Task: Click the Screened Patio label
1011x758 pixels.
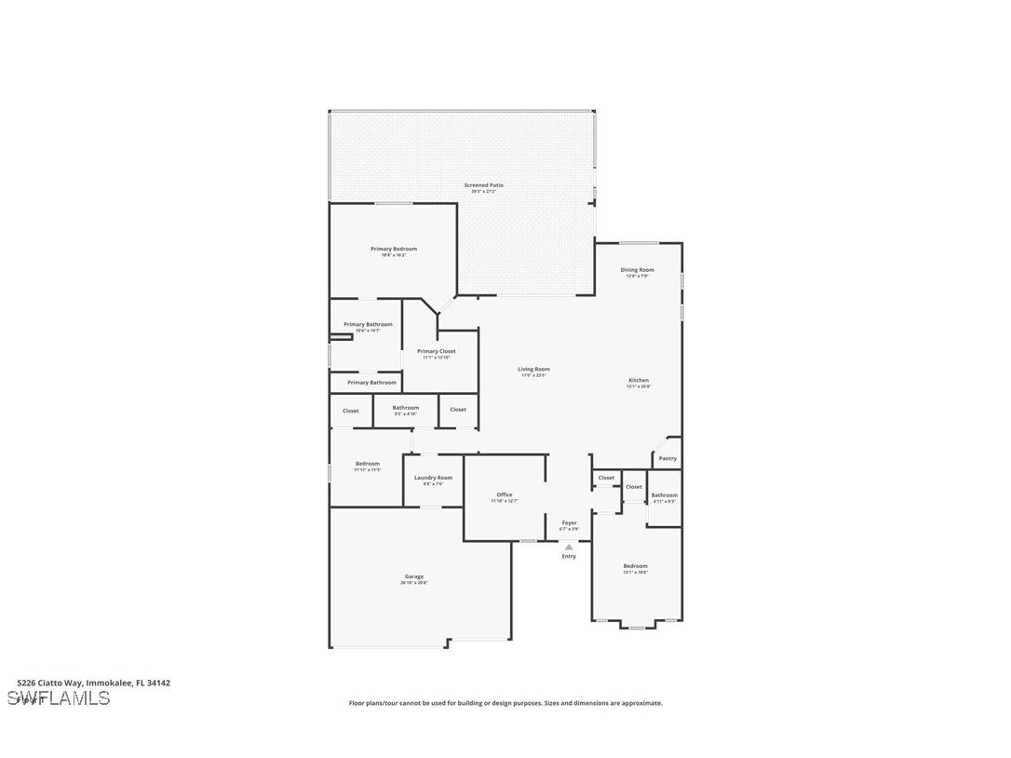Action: click(x=484, y=185)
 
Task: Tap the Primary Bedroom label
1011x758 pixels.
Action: click(x=394, y=249)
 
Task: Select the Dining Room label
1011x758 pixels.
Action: click(x=638, y=270)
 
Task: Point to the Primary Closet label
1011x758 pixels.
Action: click(x=437, y=351)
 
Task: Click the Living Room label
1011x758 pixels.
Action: click(x=533, y=369)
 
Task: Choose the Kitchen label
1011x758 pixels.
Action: click(x=639, y=380)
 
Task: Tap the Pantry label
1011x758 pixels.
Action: click(x=667, y=458)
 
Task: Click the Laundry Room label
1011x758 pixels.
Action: click(x=433, y=478)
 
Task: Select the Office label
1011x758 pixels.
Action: click(x=505, y=494)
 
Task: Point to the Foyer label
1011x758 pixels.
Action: click(x=569, y=522)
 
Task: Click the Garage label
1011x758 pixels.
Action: click(x=414, y=576)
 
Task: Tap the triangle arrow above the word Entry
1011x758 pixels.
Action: click(x=569, y=547)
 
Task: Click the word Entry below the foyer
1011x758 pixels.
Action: click(x=569, y=556)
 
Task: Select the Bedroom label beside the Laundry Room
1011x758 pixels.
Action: click(x=368, y=464)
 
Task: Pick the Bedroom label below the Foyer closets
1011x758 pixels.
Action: click(x=636, y=565)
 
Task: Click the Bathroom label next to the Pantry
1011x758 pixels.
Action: click(x=665, y=494)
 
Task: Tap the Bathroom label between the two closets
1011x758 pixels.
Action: click(x=406, y=407)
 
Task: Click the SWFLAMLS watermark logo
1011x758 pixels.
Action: click(x=59, y=698)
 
